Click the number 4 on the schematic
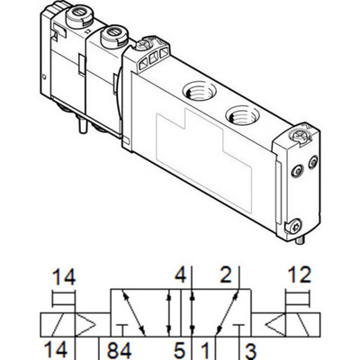pyautogui.click(x=180, y=274)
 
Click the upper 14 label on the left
pyautogui.click(x=63, y=274)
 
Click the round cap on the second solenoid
pyautogui.click(x=113, y=36)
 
